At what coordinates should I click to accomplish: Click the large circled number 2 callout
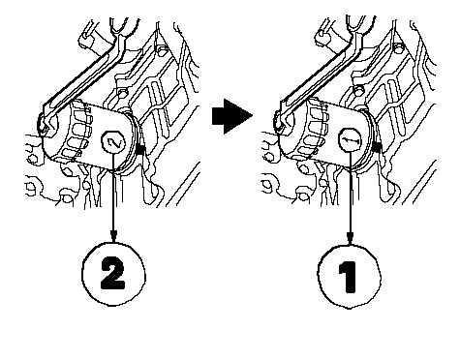113,274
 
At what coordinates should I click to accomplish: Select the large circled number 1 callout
349,277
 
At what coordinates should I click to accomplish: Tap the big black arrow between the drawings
231,116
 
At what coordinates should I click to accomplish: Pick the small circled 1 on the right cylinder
351,140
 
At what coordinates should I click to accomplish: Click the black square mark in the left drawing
140,149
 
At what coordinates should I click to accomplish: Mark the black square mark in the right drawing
377,147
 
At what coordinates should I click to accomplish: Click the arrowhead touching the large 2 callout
113,236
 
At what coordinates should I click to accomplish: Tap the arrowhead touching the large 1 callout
350,238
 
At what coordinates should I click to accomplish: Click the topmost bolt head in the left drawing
163,49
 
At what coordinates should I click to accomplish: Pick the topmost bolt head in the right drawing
398,47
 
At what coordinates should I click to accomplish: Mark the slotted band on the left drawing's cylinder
77,133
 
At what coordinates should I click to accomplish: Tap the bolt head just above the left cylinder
122,93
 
